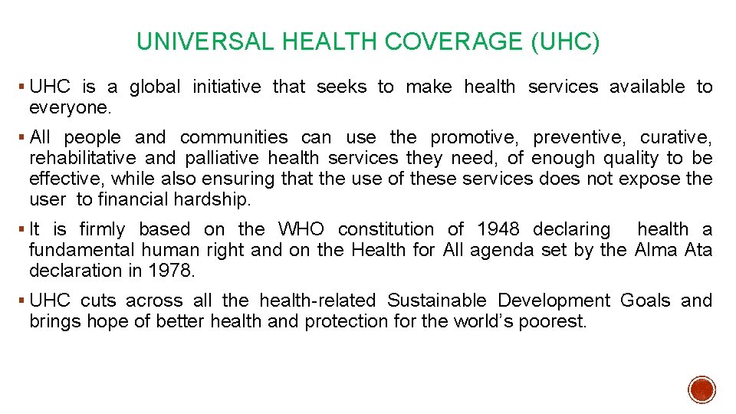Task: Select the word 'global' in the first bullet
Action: tap(155, 87)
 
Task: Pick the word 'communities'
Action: tap(234, 138)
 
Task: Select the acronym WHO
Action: tap(302, 229)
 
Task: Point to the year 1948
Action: tap(499, 229)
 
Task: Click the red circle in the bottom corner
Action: tap(701, 389)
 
